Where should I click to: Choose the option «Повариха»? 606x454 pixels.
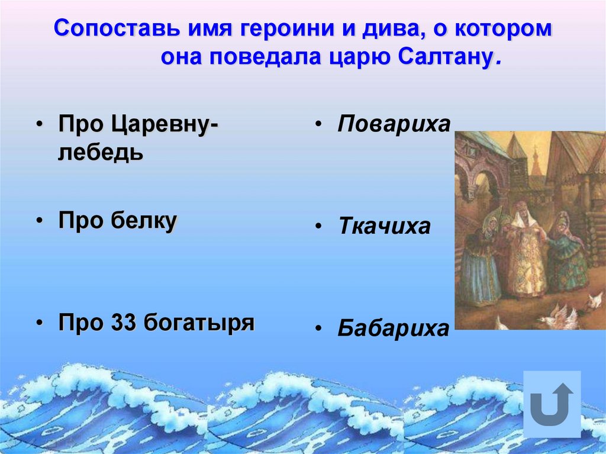[394, 125]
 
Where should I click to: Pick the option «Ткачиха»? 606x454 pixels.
[384, 227]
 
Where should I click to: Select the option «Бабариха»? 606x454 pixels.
[394, 329]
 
